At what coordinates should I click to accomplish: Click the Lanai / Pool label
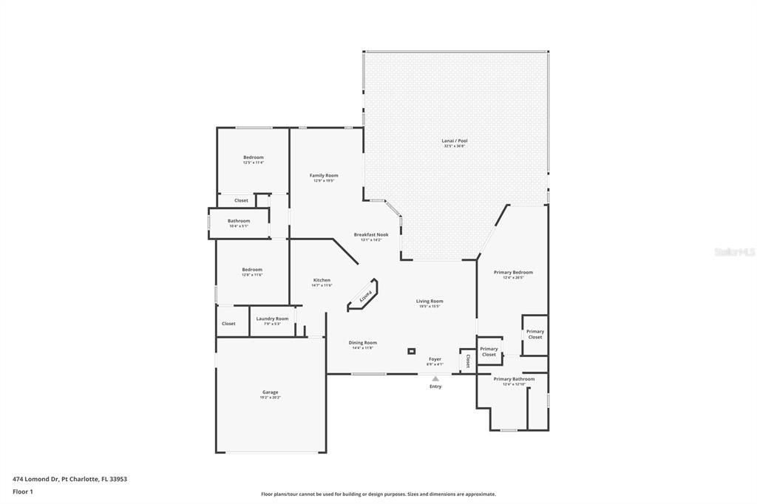tap(455, 140)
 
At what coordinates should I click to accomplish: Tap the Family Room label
tap(324, 175)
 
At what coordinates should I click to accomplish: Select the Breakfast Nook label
tap(370, 234)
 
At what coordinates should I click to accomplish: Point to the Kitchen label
tap(322, 280)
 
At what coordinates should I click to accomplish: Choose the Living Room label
tap(429, 301)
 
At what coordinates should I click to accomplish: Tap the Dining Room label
tap(362, 342)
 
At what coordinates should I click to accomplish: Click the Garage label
tap(270, 392)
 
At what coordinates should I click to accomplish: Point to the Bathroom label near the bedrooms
tap(239, 220)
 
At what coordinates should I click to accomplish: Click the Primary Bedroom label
tap(513, 272)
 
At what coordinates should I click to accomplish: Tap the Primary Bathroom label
tap(514, 379)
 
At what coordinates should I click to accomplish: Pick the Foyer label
tap(435, 358)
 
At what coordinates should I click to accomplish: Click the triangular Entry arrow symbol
tap(435, 379)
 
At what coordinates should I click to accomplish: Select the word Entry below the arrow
tap(435, 386)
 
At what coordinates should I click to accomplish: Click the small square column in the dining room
tap(412, 351)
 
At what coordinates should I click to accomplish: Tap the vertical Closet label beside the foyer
tap(468, 361)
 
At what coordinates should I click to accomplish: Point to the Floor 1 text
tap(23, 491)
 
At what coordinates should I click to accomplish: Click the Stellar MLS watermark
tap(733, 252)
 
